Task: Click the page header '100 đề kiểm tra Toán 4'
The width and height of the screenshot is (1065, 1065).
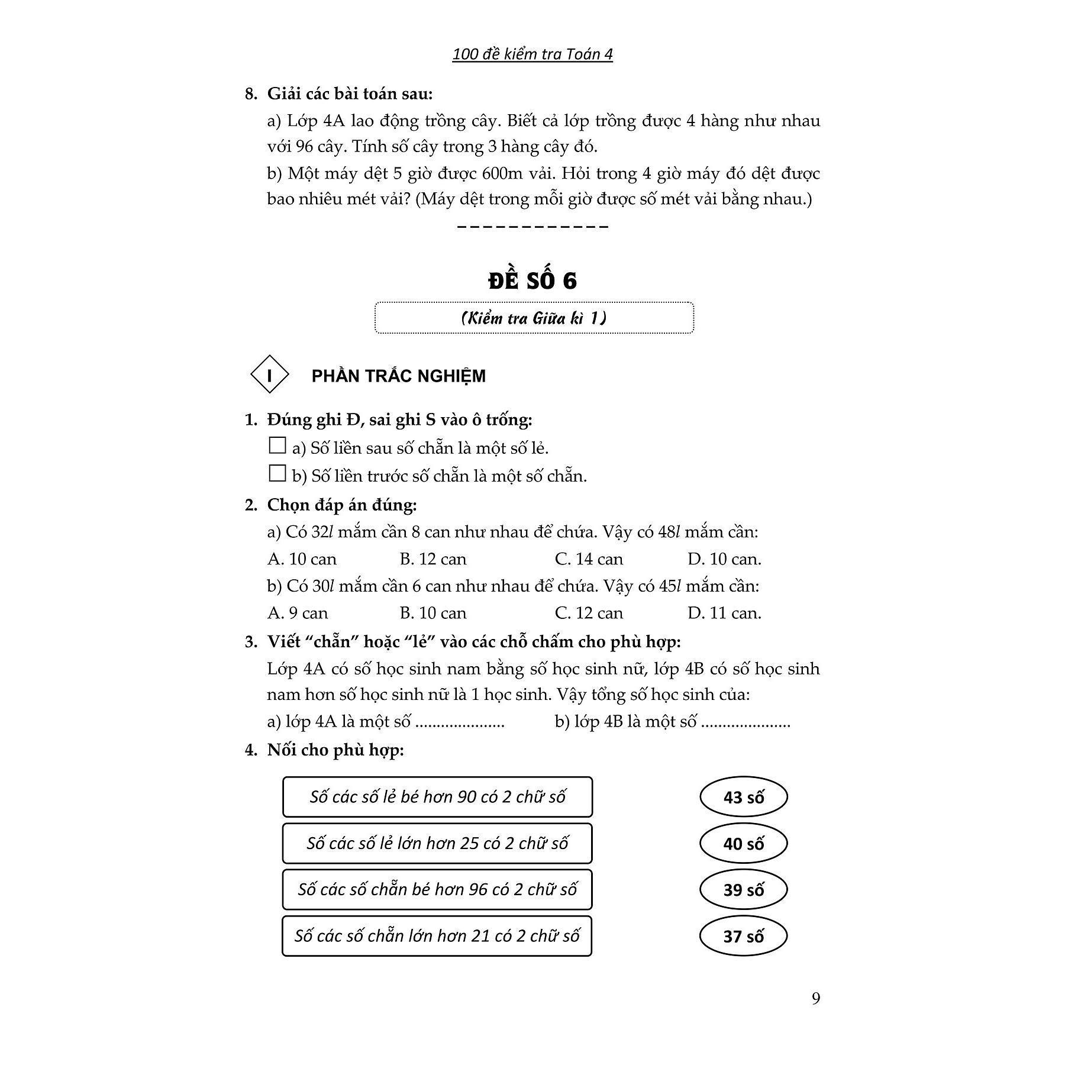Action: point(532,54)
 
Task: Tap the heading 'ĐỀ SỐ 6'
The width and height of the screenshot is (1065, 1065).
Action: point(532,280)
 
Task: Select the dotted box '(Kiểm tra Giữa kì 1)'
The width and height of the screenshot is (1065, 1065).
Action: point(534,318)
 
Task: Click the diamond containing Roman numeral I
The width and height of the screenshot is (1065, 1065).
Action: point(270,375)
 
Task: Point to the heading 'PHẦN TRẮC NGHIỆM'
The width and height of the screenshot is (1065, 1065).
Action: point(398,376)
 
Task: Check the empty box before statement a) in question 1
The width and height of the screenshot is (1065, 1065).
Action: point(277,446)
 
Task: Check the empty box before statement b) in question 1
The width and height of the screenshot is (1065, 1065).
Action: point(277,473)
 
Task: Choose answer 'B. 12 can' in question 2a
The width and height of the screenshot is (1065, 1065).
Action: point(433,559)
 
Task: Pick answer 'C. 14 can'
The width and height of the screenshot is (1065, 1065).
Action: point(589,559)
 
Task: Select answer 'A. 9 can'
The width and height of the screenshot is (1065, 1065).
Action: point(298,613)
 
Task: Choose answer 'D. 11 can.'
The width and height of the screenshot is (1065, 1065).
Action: point(724,613)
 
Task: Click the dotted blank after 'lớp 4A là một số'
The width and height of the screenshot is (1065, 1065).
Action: point(460,722)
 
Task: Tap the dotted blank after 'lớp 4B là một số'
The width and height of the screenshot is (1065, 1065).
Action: point(745,722)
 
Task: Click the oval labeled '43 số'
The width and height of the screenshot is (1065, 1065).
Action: point(743,797)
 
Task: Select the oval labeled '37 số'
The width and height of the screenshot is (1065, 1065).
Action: point(743,936)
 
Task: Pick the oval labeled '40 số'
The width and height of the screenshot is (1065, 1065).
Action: point(743,843)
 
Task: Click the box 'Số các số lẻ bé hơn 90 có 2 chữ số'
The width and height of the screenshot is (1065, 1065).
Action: point(437,797)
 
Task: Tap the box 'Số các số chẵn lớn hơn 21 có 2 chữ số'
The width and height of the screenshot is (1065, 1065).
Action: point(437,936)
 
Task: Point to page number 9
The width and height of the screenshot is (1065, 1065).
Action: point(816,999)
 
